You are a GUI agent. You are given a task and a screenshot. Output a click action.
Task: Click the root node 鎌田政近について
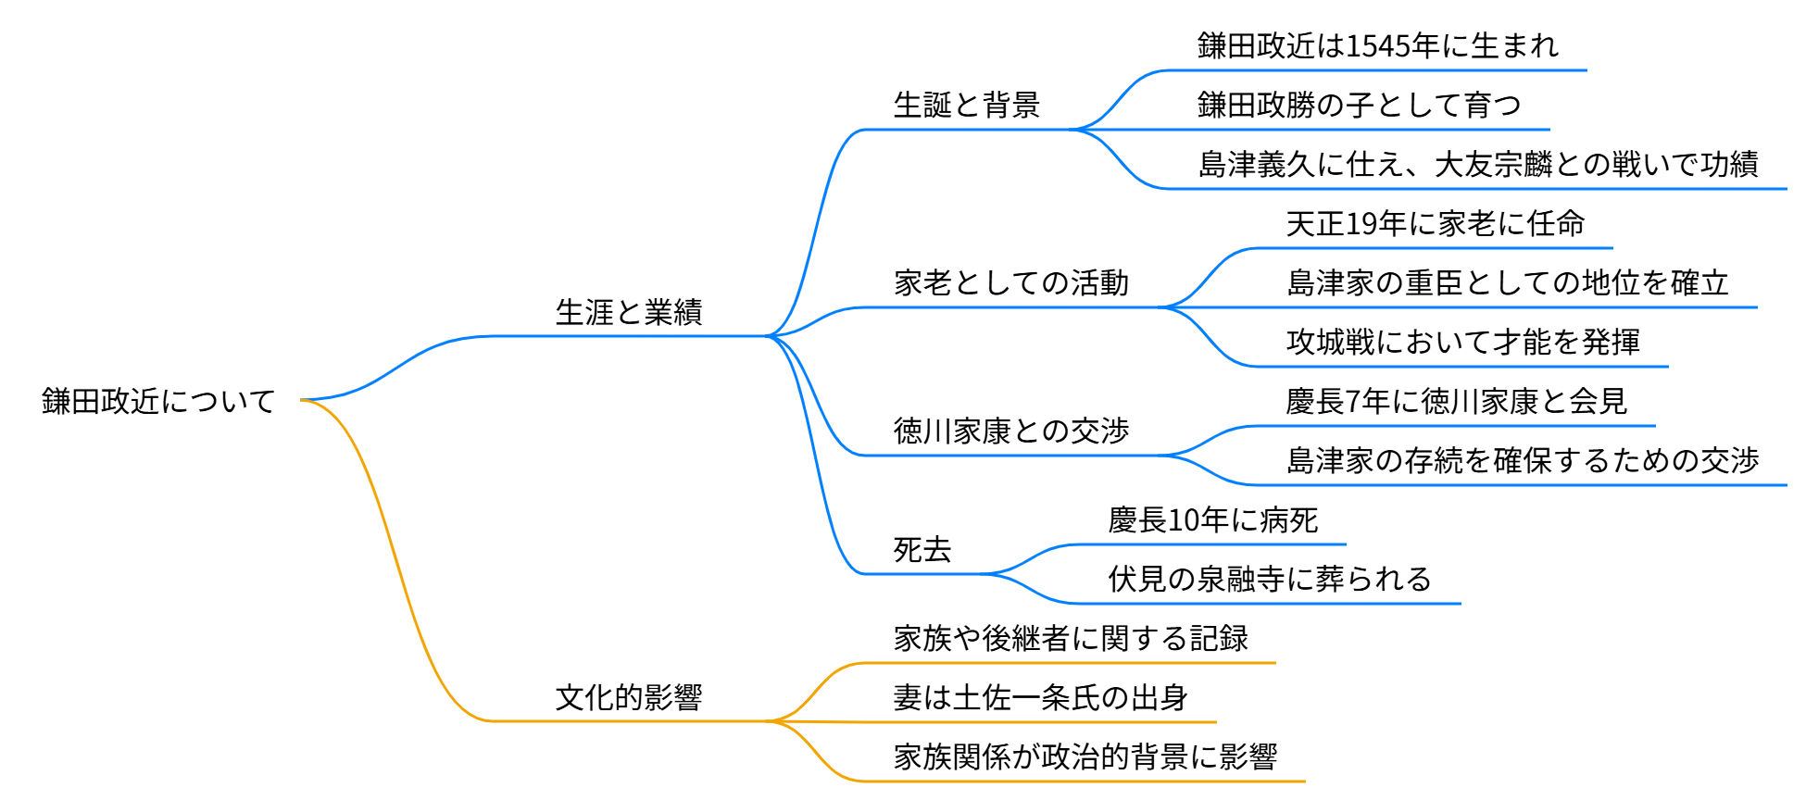(x=158, y=401)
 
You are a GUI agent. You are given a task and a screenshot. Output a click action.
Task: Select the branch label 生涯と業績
(x=629, y=313)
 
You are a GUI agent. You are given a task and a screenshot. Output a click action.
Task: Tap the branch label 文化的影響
(x=629, y=698)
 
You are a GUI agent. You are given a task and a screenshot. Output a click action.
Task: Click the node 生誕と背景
(x=967, y=106)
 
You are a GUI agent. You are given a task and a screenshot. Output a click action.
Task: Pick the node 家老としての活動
(x=1011, y=283)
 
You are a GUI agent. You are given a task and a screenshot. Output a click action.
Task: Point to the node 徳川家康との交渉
(x=1011, y=431)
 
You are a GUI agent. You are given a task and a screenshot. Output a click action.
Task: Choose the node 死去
(x=922, y=550)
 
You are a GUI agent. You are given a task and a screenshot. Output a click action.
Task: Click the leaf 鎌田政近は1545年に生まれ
(x=1378, y=46)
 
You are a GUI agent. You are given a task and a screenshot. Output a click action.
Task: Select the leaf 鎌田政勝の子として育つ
(x=1359, y=106)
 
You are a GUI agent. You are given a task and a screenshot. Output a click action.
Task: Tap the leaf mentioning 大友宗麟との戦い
(x=1478, y=165)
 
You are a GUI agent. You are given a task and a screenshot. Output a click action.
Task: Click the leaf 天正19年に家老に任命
(x=1436, y=224)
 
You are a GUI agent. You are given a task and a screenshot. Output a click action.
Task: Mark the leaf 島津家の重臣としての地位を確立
(x=1508, y=283)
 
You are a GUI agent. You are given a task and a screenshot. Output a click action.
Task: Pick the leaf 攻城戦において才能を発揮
(x=1463, y=343)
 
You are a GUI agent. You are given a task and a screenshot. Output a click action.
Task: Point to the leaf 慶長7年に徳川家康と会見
(x=1456, y=402)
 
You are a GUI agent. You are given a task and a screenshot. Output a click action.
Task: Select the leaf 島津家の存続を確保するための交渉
(x=1523, y=461)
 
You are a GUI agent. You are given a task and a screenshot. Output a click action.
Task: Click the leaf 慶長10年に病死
(x=1212, y=520)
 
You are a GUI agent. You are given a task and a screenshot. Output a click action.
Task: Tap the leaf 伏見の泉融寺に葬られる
(x=1270, y=580)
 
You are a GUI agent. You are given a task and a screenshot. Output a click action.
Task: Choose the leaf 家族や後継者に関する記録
(x=1071, y=639)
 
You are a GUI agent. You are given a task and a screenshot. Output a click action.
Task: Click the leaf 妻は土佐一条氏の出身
(x=1040, y=698)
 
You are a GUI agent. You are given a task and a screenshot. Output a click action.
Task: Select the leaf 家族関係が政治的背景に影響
(x=1085, y=757)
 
